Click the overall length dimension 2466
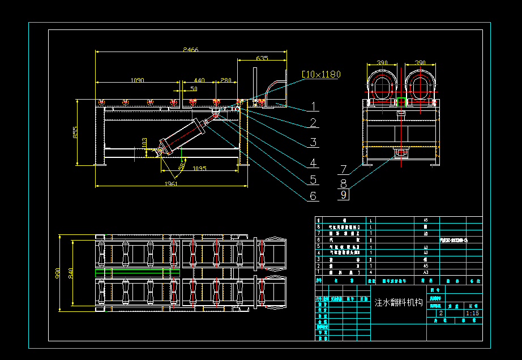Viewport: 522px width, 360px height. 191,50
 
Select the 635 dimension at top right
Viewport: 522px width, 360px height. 262,58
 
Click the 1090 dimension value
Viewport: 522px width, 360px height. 137,80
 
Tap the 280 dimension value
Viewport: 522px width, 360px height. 226,80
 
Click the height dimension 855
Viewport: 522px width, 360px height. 75,132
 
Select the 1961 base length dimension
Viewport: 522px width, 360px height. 170,183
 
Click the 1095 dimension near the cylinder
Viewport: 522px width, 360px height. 200,169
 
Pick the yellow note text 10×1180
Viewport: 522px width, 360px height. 322,74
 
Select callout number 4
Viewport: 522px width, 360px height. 313,163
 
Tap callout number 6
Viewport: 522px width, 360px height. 313,196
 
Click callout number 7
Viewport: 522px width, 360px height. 344,169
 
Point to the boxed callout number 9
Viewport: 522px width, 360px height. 344,195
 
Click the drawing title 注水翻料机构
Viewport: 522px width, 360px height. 399,302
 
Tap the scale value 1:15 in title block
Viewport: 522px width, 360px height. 472,313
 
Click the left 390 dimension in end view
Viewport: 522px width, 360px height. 382,63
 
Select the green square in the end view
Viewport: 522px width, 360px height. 401,102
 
